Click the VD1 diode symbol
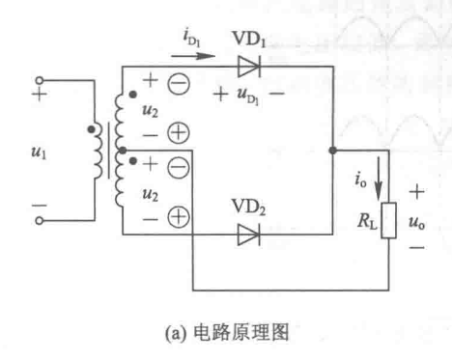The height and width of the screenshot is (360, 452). pyautogui.click(x=248, y=67)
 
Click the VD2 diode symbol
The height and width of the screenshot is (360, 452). pyautogui.click(x=249, y=234)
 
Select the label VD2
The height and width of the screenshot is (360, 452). pyautogui.click(x=249, y=208)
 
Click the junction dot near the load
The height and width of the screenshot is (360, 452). pyautogui.click(x=332, y=150)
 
